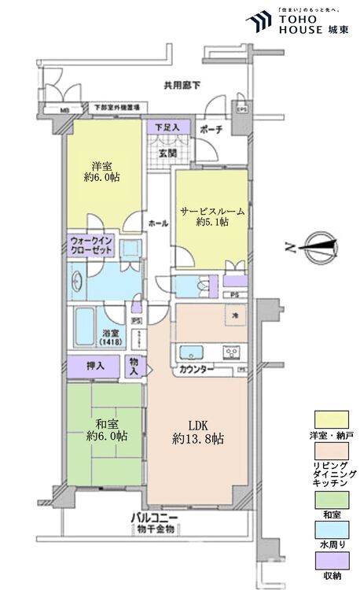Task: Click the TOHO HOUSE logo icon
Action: coord(258,21)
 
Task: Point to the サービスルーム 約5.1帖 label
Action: coord(212,217)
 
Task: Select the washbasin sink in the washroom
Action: coord(79,281)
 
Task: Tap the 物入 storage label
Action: coord(136,365)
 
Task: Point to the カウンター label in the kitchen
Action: coord(196,368)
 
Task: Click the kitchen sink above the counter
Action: coord(192,351)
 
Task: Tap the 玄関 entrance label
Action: coord(166,154)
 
